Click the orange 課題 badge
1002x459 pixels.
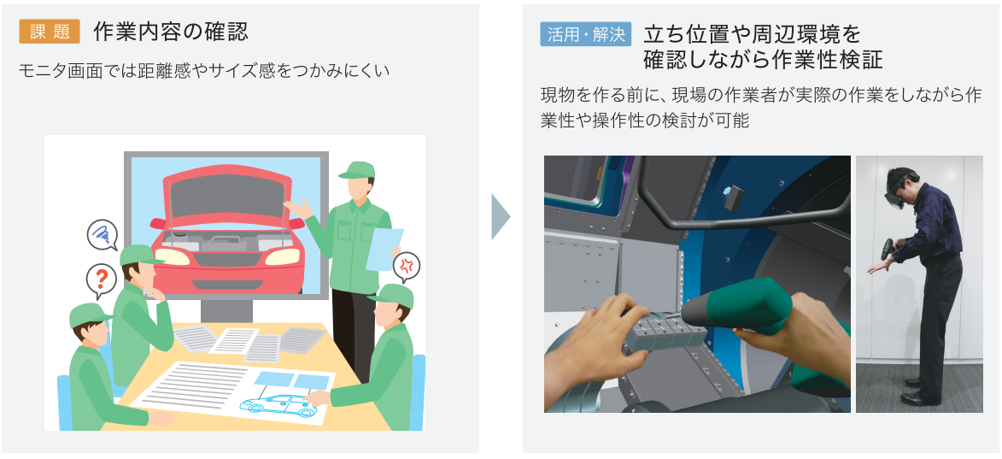click(50, 32)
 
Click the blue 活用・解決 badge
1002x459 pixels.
click(586, 34)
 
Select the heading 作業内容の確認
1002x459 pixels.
click(171, 32)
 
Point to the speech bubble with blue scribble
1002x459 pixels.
click(103, 234)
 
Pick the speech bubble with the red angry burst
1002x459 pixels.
click(407, 267)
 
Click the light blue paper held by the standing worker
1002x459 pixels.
click(384, 250)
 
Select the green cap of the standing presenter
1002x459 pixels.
click(356, 170)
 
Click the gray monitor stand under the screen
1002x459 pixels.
click(226, 310)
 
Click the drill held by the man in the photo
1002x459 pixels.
click(887, 250)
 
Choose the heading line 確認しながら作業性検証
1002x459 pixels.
click(763, 59)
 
